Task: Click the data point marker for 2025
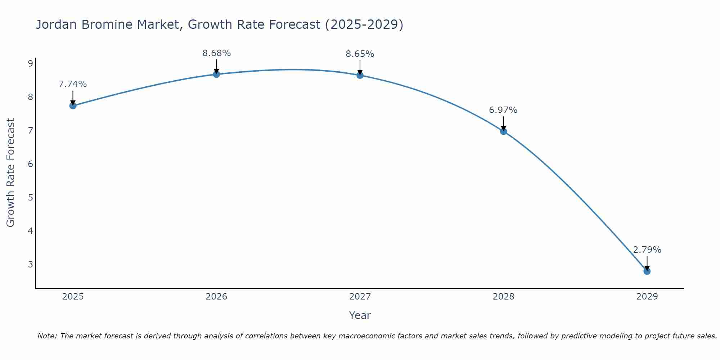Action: pos(73,105)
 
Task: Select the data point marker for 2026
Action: pos(216,74)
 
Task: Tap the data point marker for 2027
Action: pos(360,75)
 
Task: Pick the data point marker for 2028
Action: pos(503,131)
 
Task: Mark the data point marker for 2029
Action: pos(647,271)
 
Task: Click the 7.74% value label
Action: pos(73,84)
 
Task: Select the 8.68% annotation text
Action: pos(216,53)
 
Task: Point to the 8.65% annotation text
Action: pos(360,54)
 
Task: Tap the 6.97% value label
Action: pos(503,110)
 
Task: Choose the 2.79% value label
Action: pos(647,250)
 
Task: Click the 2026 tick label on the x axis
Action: pos(216,297)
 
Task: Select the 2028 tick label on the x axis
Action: pos(503,297)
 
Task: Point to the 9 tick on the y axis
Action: pos(30,64)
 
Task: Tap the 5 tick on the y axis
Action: pos(30,197)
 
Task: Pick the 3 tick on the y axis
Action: pos(30,264)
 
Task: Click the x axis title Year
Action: pos(360,315)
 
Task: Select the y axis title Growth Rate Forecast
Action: pos(11,173)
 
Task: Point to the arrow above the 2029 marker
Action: pos(647,263)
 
